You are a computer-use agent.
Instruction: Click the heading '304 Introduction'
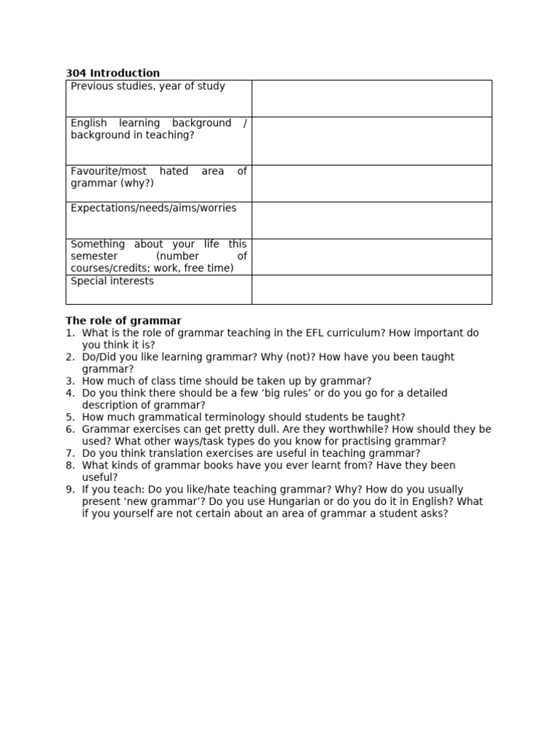click(113, 73)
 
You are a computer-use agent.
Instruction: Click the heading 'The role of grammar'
click(124, 321)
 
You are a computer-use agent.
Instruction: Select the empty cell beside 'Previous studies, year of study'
click(371, 98)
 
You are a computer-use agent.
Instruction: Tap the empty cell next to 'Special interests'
click(371, 290)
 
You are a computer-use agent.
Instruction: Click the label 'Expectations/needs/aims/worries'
click(153, 208)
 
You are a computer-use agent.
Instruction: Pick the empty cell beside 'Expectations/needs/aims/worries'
click(371, 220)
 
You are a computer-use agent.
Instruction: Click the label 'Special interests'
click(112, 281)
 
